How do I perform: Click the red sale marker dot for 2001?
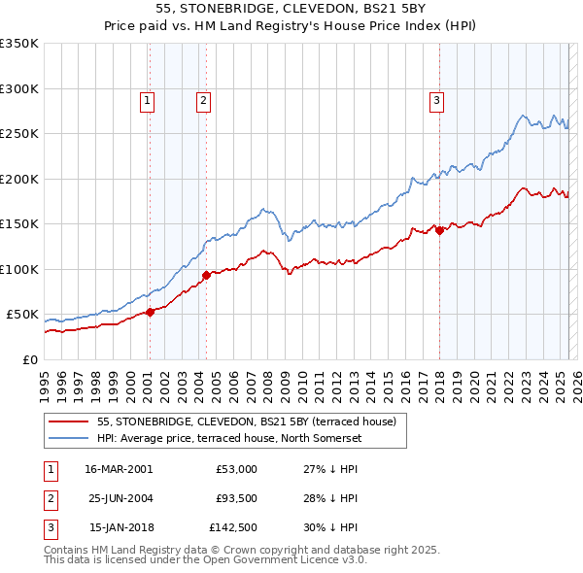tap(150, 312)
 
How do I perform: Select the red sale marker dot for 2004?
tap(206, 275)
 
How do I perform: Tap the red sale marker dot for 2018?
tap(439, 230)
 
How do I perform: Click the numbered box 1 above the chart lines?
tap(146, 99)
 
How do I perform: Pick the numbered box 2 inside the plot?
tap(202, 99)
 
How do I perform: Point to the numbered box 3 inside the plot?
tap(436, 99)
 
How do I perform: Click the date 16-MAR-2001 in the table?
tap(118, 469)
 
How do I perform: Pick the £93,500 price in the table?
tap(236, 499)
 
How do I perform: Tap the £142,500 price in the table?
tap(234, 528)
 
